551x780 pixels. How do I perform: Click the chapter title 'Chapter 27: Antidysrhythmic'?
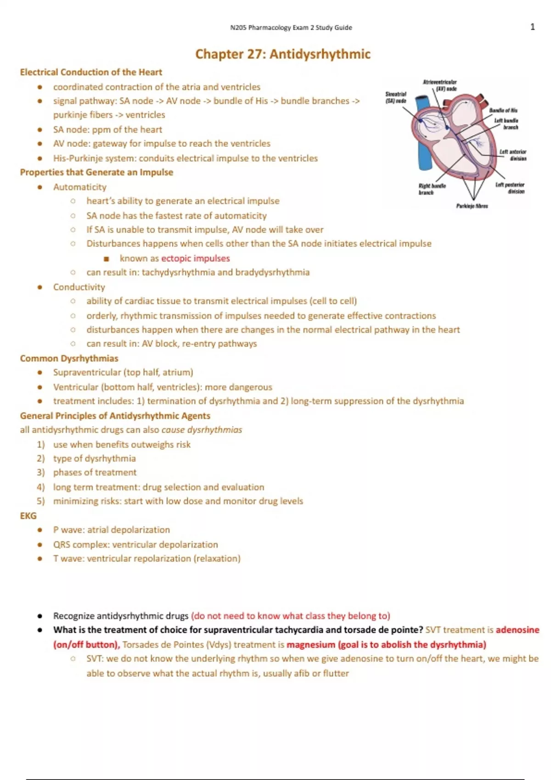(282, 54)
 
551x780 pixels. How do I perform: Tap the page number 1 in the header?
(533, 27)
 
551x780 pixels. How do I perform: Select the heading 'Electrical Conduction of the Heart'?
(91, 72)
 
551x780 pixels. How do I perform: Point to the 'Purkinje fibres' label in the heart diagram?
(472, 206)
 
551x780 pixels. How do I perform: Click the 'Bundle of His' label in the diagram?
(503, 110)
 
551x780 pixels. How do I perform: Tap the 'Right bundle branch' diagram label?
(432, 189)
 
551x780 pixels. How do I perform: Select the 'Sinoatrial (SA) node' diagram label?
(396, 97)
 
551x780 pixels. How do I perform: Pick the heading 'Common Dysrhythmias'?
(69, 358)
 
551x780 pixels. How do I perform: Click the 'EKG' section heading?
(28, 516)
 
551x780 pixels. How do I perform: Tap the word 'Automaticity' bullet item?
(79, 187)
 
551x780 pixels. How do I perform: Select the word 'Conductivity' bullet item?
(79, 287)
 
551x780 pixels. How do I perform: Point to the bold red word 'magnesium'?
(311, 645)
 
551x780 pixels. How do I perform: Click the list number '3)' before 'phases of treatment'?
(41, 472)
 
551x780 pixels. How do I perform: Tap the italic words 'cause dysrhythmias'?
(202, 430)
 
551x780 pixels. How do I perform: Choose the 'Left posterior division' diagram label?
(510, 188)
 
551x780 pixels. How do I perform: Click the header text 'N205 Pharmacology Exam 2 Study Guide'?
(291, 28)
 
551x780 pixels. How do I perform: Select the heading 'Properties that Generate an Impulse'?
(96, 172)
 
